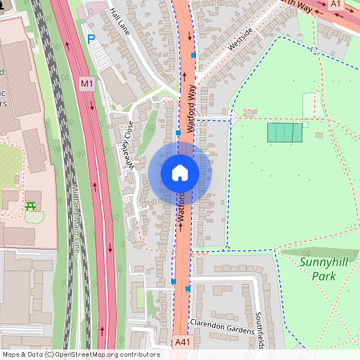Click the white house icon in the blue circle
(180, 173)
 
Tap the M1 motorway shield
(87, 82)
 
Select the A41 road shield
(183, 342)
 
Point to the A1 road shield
(335, 4)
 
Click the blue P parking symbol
(90, 38)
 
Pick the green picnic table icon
(31, 206)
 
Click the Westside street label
(240, 39)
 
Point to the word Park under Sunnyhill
(323, 276)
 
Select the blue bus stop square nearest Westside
(194, 55)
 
